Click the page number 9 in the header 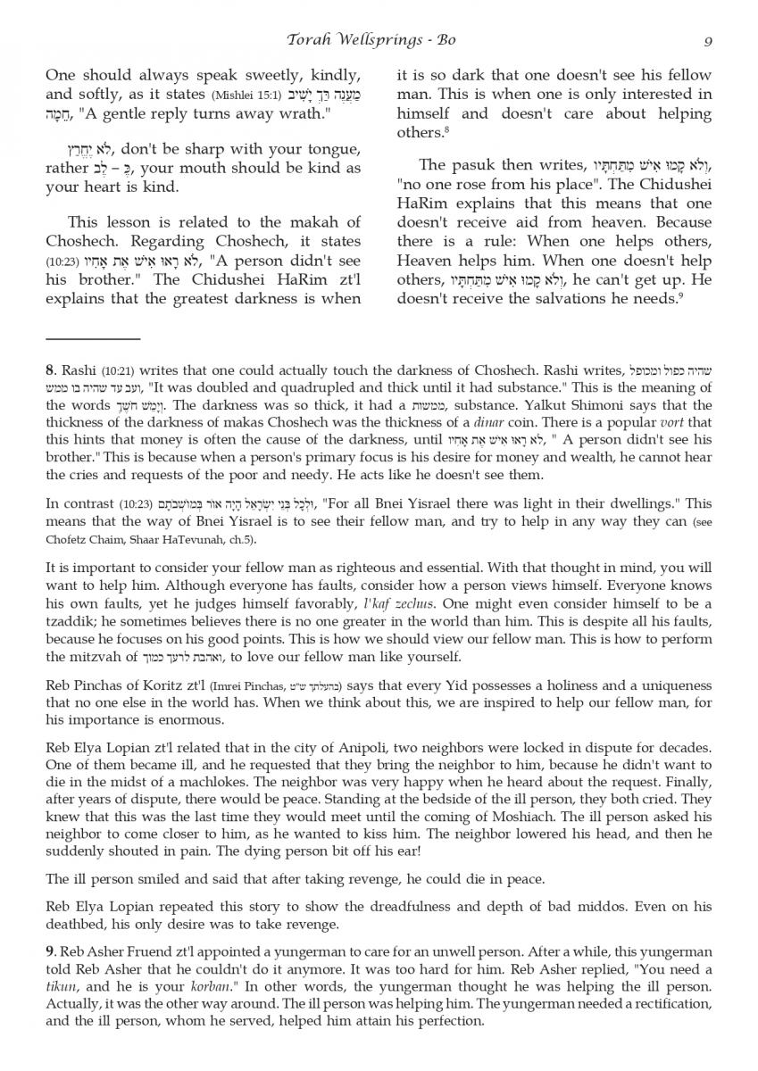click(706, 40)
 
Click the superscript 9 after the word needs click(680, 295)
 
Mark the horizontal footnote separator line click(93, 339)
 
